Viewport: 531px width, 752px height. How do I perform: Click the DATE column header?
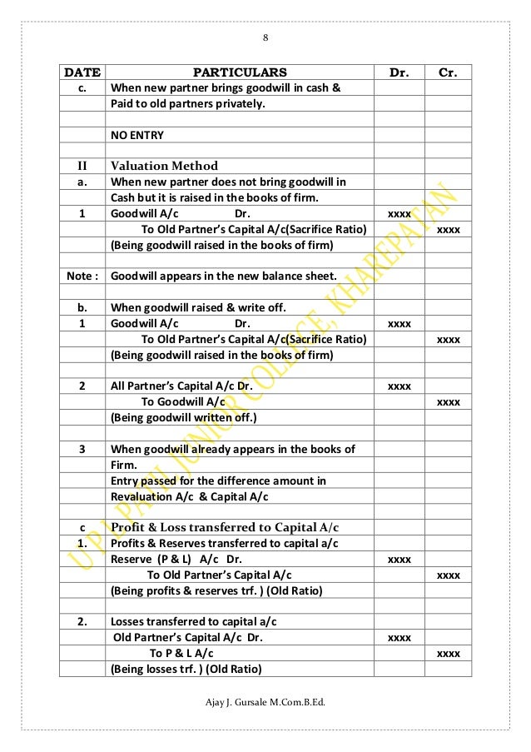(x=82, y=72)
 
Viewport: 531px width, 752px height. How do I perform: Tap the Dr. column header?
(x=399, y=72)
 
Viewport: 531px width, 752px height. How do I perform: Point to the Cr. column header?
(x=449, y=72)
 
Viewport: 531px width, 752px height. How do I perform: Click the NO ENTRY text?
(x=137, y=135)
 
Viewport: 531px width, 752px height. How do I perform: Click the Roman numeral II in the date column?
(x=82, y=165)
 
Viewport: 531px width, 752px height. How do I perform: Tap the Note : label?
(x=82, y=276)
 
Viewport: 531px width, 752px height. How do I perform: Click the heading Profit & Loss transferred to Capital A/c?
(x=224, y=528)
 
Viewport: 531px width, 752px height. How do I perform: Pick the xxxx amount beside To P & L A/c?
(x=449, y=654)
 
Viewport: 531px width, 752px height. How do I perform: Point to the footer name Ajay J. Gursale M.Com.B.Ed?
(x=265, y=706)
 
